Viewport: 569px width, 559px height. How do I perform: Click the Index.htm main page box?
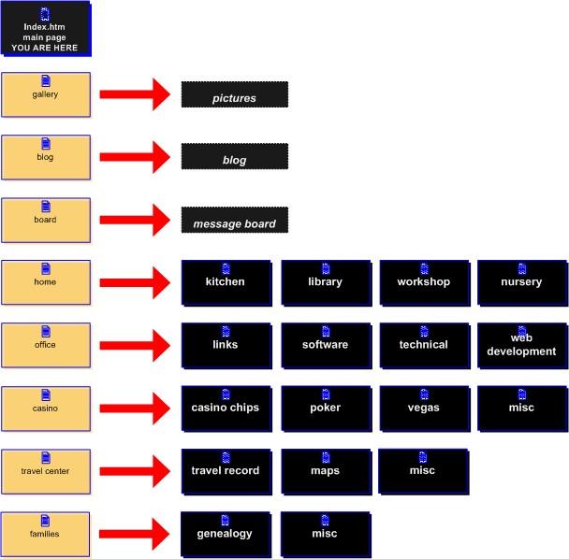[x=46, y=30]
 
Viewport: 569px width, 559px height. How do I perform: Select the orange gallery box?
[x=46, y=94]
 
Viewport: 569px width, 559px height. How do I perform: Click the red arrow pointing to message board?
[x=133, y=221]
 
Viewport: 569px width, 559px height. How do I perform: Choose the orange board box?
[x=46, y=220]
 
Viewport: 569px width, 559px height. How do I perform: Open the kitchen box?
[x=226, y=282]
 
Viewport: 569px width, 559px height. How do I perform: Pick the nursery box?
[x=521, y=282]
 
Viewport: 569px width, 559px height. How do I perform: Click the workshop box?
[x=423, y=282]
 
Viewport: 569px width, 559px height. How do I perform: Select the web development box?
[x=521, y=345]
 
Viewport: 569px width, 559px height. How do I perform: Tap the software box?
[x=325, y=345]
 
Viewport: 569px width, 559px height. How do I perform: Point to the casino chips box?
[x=226, y=408]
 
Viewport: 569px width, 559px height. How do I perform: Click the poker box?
[x=325, y=408]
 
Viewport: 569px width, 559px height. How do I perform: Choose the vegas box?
[x=423, y=408]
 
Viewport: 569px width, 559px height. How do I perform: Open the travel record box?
[x=226, y=471]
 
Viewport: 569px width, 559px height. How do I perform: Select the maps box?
[x=325, y=471]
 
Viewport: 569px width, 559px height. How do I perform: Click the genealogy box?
[x=226, y=534]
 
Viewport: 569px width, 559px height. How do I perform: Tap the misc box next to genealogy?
[x=325, y=534]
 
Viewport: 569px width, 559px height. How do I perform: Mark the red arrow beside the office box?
[x=133, y=346]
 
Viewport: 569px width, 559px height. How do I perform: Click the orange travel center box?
[x=46, y=471]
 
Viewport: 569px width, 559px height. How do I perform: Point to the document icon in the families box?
[x=46, y=521]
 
